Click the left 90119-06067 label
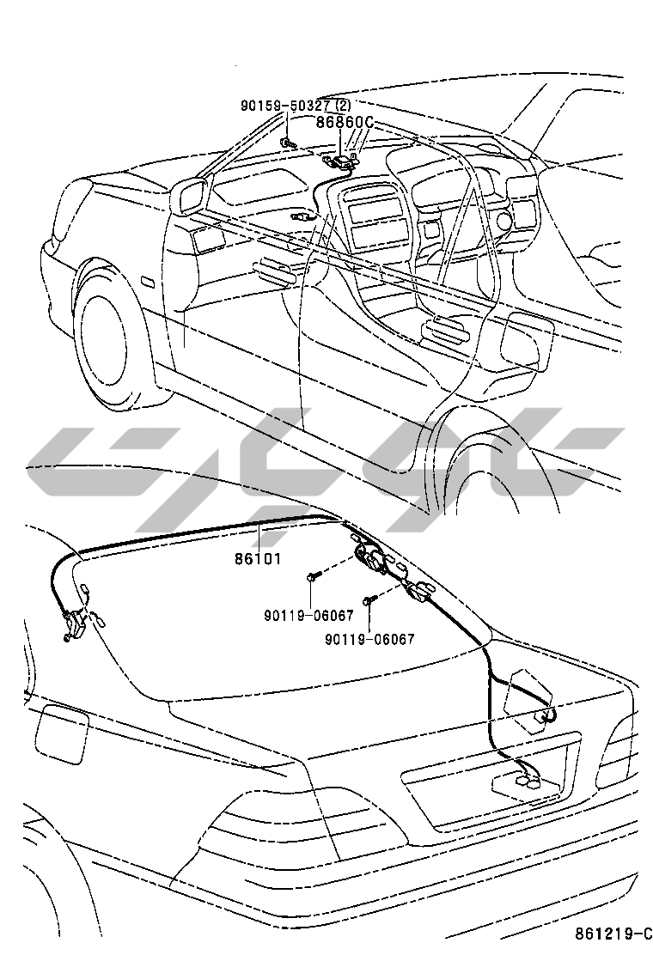pyautogui.click(x=308, y=616)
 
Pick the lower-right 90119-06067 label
pyautogui.click(x=369, y=639)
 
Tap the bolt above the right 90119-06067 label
pyautogui.click(x=369, y=602)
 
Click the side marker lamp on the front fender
pyautogui.click(x=145, y=282)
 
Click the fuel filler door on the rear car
pyautogui.click(x=61, y=731)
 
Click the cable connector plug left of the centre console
pyautogui.click(x=302, y=217)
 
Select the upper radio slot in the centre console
pyautogui.click(x=369, y=209)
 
